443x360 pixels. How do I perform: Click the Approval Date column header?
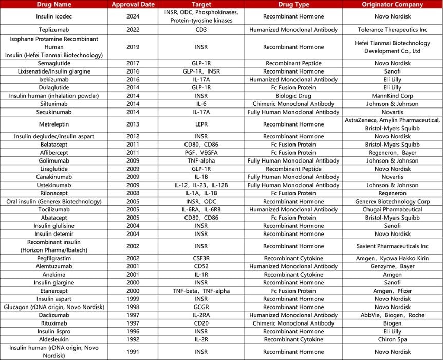[133, 4]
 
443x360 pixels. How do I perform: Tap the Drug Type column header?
[293, 4]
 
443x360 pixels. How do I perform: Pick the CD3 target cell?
[201, 30]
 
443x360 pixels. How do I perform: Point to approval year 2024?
[133, 16]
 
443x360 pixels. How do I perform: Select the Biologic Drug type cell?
[293, 96]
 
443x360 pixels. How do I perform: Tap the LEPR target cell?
[201, 124]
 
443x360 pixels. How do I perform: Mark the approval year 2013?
[133, 124]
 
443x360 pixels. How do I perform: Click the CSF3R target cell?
[201, 258]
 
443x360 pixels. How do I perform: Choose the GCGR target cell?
[201, 307]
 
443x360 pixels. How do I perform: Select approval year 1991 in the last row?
[133, 352]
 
